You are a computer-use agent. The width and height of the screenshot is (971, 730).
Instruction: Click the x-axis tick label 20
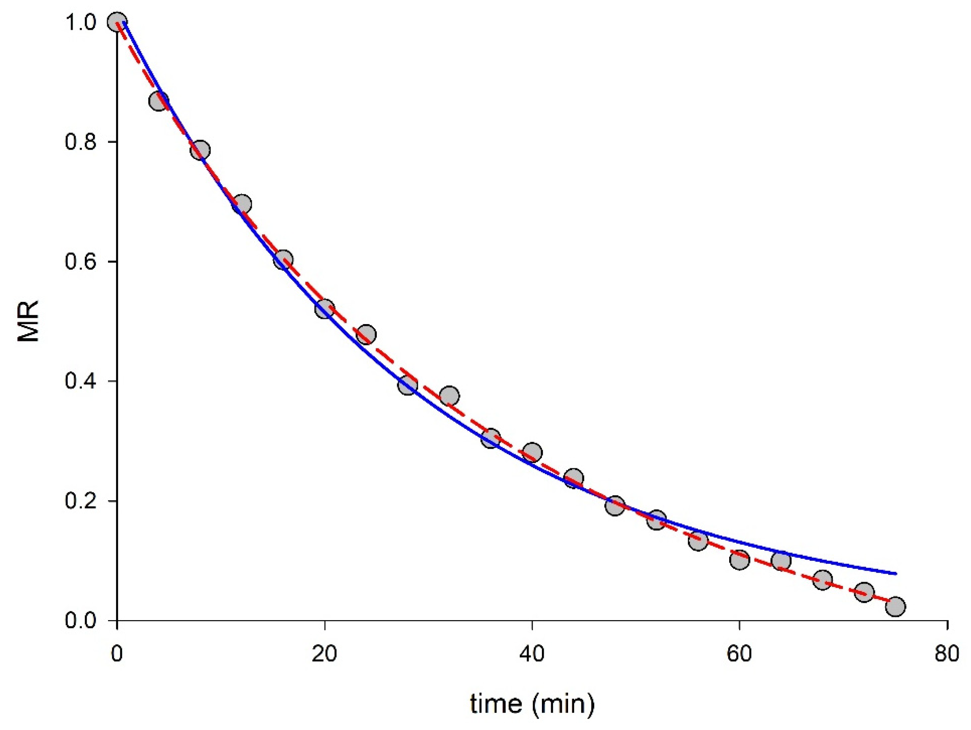(x=324, y=654)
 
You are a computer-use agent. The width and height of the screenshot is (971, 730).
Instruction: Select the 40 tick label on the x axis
(x=532, y=654)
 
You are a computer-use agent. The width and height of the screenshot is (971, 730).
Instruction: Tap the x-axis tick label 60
(x=739, y=654)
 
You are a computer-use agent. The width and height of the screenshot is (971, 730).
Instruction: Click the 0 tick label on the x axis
(x=117, y=654)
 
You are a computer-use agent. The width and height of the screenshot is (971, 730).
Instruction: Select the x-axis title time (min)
(x=532, y=704)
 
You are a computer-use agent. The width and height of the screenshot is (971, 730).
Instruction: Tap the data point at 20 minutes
(x=324, y=309)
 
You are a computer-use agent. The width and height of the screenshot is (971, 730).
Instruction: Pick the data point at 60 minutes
(x=739, y=560)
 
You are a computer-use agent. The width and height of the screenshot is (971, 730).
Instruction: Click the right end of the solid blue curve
(x=895, y=574)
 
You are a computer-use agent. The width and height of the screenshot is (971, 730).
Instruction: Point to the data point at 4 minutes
(x=159, y=101)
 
